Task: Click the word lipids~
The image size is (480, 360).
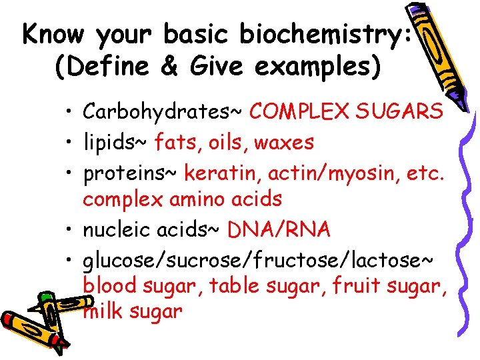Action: click(116, 141)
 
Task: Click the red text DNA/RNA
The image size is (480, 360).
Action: click(279, 229)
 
